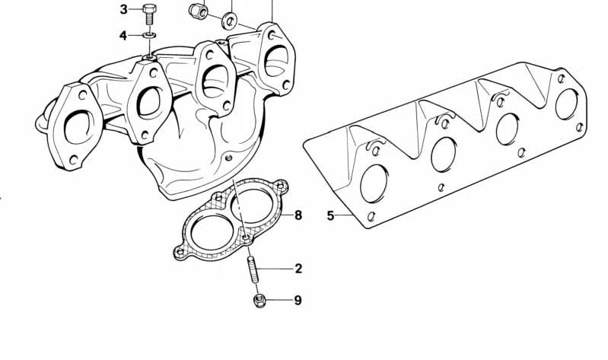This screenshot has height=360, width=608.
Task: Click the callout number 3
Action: pos(123,9)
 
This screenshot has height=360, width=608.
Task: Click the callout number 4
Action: pos(123,36)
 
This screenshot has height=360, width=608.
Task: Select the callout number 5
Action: pos(330,215)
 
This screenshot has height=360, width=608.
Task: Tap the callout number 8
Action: pos(298,215)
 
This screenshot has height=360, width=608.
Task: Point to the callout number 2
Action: pos(298,269)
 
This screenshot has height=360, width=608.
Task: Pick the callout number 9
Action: pos(298,301)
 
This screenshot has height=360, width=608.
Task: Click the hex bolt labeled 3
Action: pos(149,14)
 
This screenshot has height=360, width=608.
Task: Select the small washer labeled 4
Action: pos(149,35)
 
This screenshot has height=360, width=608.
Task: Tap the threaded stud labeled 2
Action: pos(252,269)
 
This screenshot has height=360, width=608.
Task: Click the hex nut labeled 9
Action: pos(259,301)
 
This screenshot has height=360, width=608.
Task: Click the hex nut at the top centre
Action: pos(199,11)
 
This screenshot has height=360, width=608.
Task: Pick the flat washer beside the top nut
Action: pos(230,21)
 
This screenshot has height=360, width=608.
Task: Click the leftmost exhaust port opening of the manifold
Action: pos(78,127)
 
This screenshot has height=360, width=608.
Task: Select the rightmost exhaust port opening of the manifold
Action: pos(276,61)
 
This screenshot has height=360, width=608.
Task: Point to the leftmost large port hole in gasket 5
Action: pos(374,183)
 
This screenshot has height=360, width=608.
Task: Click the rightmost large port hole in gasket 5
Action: pos(567,104)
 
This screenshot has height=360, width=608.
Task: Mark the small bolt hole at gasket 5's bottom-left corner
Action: pos(371,216)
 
